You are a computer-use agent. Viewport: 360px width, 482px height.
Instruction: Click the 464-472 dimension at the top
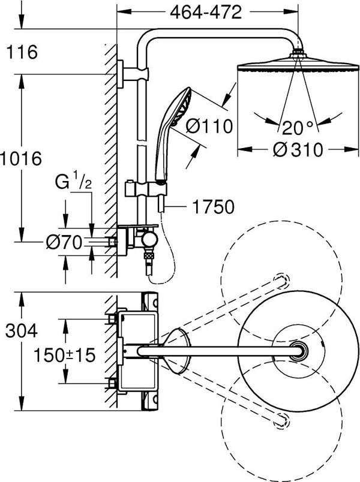206,13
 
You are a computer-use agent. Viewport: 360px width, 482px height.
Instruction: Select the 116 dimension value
22,52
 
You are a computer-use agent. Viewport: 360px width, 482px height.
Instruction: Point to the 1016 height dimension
21,159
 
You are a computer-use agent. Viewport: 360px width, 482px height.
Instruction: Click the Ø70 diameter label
64,243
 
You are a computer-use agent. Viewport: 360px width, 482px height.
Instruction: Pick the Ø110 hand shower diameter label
209,126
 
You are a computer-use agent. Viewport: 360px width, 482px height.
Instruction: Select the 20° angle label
298,128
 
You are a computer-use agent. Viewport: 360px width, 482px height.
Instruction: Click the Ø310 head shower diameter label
298,150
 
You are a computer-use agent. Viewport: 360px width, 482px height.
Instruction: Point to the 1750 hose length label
213,207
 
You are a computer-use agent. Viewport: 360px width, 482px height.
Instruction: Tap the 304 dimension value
22,331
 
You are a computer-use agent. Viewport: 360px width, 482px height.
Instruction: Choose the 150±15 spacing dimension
65,355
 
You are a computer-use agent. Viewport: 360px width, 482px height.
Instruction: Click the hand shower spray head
182,106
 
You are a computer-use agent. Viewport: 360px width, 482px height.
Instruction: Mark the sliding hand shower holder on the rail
146,189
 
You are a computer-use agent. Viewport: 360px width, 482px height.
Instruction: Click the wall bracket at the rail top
133,74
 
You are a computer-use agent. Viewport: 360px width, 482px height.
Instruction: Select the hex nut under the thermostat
149,255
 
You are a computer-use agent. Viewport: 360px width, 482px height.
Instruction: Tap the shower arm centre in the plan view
220,351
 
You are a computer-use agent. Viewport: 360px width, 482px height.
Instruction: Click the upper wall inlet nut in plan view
112,319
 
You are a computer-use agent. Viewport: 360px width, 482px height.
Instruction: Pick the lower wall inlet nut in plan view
112,383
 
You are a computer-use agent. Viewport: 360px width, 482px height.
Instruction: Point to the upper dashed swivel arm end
282,280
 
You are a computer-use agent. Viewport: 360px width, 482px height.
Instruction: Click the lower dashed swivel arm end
282,420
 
